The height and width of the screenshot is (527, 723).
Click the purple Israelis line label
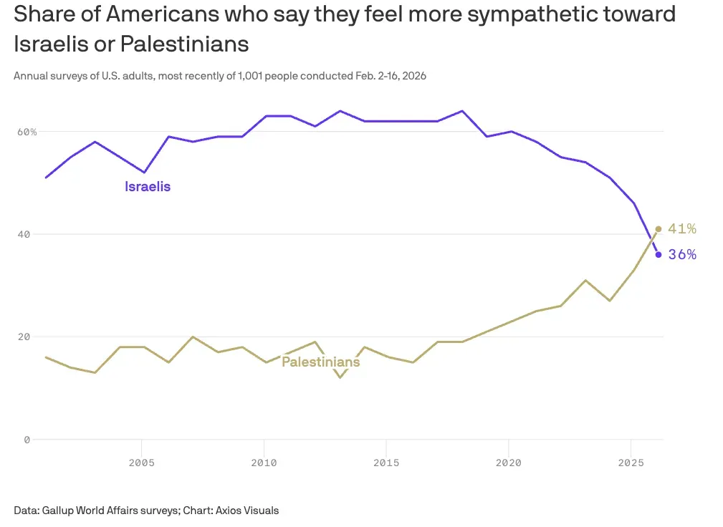click(x=148, y=187)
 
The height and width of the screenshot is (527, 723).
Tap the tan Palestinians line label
click(x=320, y=362)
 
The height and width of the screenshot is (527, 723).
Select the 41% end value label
click(x=681, y=229)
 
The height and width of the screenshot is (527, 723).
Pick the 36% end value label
click(x=681, y=255)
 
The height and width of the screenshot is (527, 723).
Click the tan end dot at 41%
click(x=659, y=229)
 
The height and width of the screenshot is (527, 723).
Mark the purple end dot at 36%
click(x=659, y=255)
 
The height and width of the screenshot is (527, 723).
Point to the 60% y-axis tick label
click(x=27, y=132)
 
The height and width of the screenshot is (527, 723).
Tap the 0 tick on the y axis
click(x=27, y=440)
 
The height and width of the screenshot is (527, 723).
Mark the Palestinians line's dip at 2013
click(x=339, y=377)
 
